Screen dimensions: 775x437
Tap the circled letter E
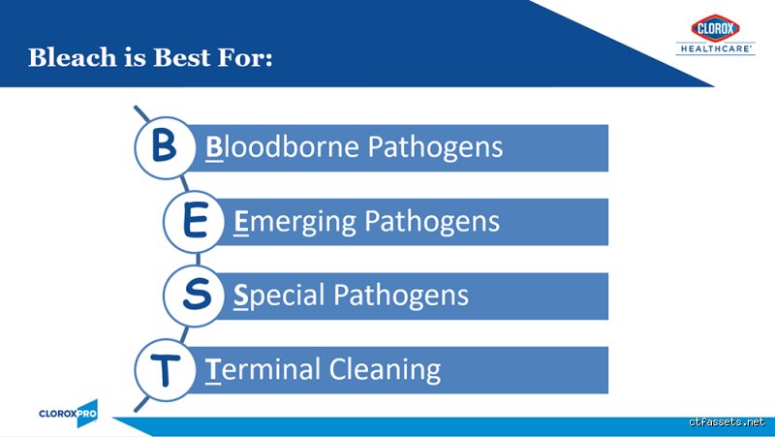click(195, 222)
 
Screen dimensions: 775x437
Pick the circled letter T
click(165, 369)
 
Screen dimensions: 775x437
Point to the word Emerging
click(294, 223)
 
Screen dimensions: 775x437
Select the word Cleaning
click(385, 370)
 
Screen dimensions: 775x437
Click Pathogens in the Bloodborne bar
click(435, 147)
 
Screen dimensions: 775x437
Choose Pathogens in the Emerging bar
click(432, 222)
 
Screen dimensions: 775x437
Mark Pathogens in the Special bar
click(401, 296)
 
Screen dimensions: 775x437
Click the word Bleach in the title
click(72, 57)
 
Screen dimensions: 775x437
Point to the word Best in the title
click(181, 57)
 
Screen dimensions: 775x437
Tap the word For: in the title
click(245, 57)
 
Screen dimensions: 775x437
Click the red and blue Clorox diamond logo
click(715, 28)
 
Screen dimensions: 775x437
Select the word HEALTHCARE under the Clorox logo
click(716, 48)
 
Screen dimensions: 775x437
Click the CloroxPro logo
click(69, 414)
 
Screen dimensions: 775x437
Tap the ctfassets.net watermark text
click(727, 421)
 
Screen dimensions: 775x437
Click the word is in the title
click(135, 57)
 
